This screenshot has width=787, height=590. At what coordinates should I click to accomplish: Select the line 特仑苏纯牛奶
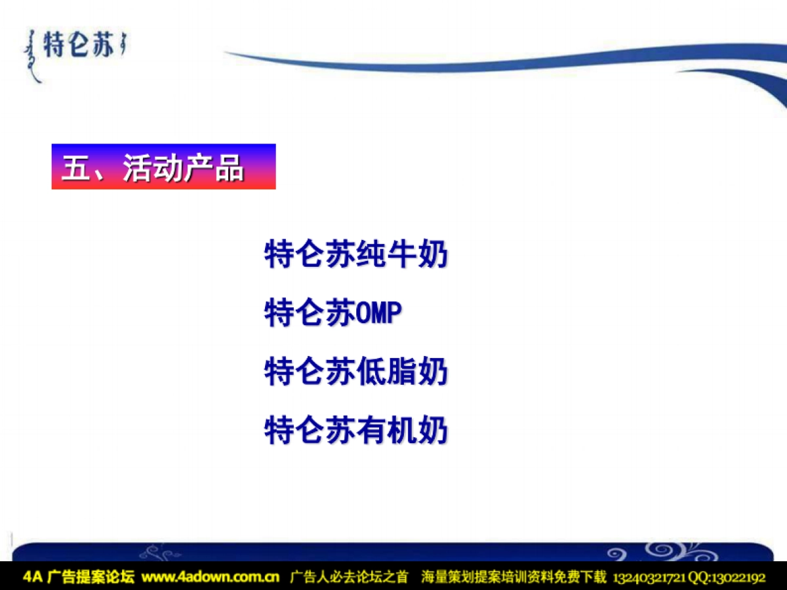[x=356, y=254]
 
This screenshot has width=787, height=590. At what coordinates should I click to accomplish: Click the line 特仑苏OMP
[x=333, y=313]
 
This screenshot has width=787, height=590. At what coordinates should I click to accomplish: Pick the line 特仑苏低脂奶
[x=356, y=372]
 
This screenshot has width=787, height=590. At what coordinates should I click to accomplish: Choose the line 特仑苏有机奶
[x=356, y=431]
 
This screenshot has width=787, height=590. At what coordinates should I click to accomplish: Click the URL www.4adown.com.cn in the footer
[x=210, y=578]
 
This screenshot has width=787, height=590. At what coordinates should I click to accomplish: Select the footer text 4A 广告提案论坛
[x=78, y=578]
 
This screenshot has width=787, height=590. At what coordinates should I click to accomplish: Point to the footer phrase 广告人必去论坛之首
[x=349, y=578]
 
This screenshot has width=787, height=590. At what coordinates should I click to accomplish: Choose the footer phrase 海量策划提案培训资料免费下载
[x=514, y=578]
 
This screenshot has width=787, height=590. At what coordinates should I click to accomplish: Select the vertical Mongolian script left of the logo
[x=31, y=56]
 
